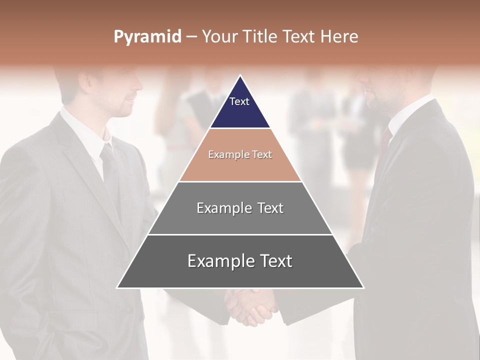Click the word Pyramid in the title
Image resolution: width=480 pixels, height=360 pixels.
[x=147, y=37]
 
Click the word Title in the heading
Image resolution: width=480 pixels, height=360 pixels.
[x=260, y=36]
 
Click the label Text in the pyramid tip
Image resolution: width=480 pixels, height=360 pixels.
[x=239, y=101]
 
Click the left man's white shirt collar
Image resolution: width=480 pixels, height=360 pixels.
[x=85, y=130]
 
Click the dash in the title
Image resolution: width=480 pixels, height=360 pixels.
[x=191, y=36]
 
